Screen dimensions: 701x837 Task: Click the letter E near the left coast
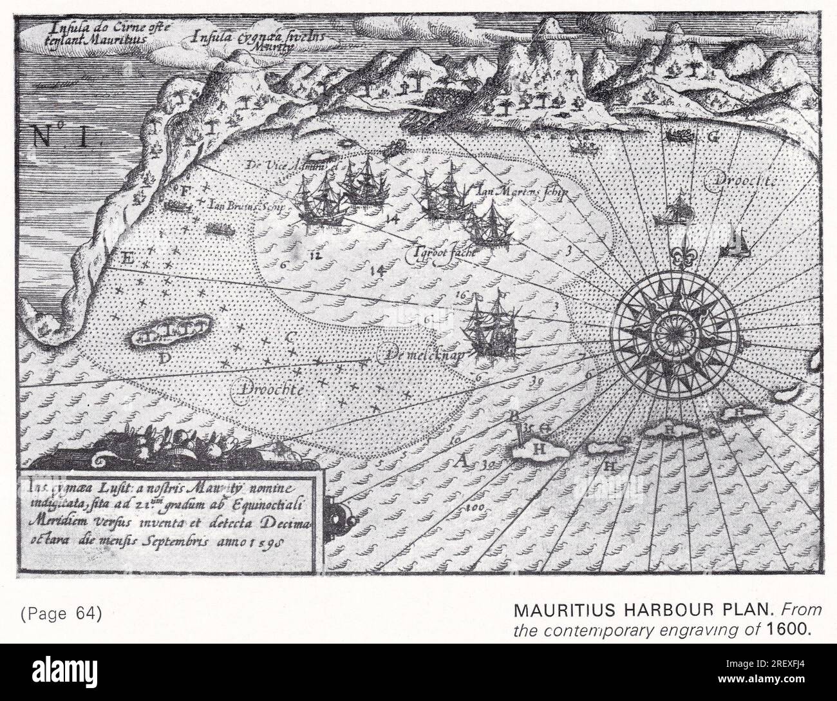[x=127, y=259]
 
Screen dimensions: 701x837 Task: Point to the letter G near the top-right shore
[x=713, y=137]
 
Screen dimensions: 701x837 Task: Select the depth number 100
[x=475, y=510]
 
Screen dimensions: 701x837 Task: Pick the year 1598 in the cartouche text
[x=272, y=541]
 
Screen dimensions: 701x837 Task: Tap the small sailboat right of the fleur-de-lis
[x=737, y=243]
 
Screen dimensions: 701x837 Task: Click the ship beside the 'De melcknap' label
[x=493, y=327]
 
